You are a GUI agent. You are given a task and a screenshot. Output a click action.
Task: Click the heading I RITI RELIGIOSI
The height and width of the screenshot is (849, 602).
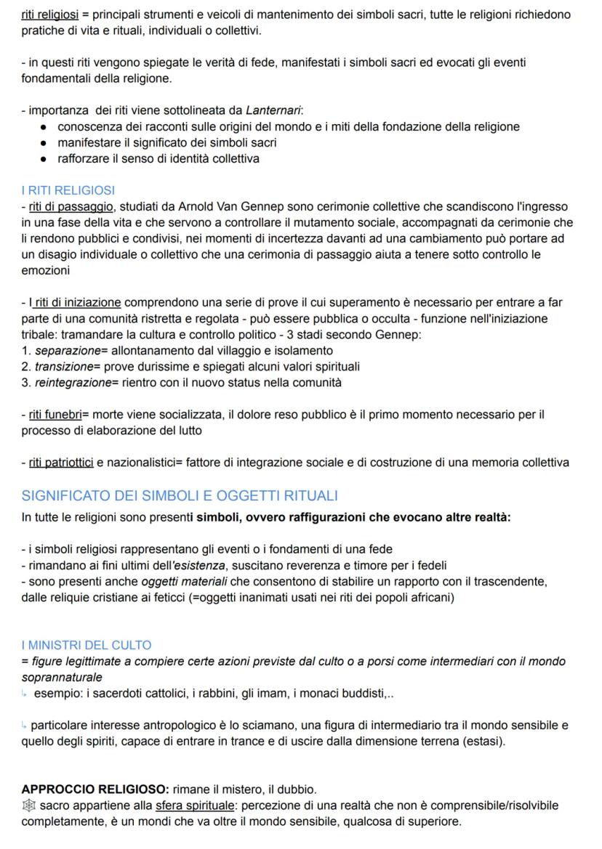click(x=68, y=190)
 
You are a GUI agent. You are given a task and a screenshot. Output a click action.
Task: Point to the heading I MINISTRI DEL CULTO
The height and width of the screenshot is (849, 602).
click(x=87, y=644)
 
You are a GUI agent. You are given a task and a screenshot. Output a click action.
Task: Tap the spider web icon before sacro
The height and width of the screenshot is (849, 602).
click(x=28, y=805)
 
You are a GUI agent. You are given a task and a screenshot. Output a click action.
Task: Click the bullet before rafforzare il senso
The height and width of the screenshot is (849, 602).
click(x=45, y=158)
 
